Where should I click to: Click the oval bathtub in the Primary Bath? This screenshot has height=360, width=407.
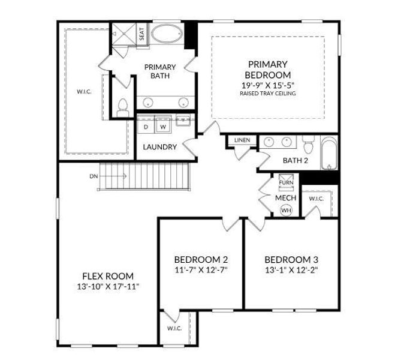click(x=167, y=34)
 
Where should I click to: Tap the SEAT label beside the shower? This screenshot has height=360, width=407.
click(x=141, y=34)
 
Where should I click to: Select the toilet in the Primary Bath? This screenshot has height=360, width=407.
click(x=122, y=108)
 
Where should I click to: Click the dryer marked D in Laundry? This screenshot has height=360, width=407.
click(x=146, y=127)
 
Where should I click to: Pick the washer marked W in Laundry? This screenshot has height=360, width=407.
click(x=163, y=127)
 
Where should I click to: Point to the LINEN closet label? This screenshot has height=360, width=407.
click(x=242, y=140)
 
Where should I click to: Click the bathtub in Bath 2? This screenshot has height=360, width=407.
click(x=329, y=153)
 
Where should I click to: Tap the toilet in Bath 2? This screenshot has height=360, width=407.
click(x=309, y=145)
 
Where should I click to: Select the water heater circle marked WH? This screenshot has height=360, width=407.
click(x=287, y=210)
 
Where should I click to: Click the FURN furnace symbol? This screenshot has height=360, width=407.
click(x=286, y=182)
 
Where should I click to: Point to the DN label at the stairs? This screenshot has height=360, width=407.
click(x=94, y=176)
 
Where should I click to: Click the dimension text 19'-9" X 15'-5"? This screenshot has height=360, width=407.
click(x=268, y=85)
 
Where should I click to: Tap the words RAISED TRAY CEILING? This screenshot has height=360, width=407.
click(x=268, y=93)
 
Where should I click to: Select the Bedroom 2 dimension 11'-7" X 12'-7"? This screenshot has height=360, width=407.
click(x=201, y=270)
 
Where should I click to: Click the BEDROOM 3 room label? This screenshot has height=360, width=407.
click(x=291, y=259)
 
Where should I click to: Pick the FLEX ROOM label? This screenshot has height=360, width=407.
click(x=108, y=276)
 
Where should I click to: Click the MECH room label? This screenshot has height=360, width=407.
click(x=285, y=198)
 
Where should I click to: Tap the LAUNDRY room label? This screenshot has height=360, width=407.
click(x=159, y=147)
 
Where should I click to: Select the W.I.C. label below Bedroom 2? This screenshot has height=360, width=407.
click(x=174, y=328)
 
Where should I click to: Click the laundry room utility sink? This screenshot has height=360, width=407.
click(x=183, y=120)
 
